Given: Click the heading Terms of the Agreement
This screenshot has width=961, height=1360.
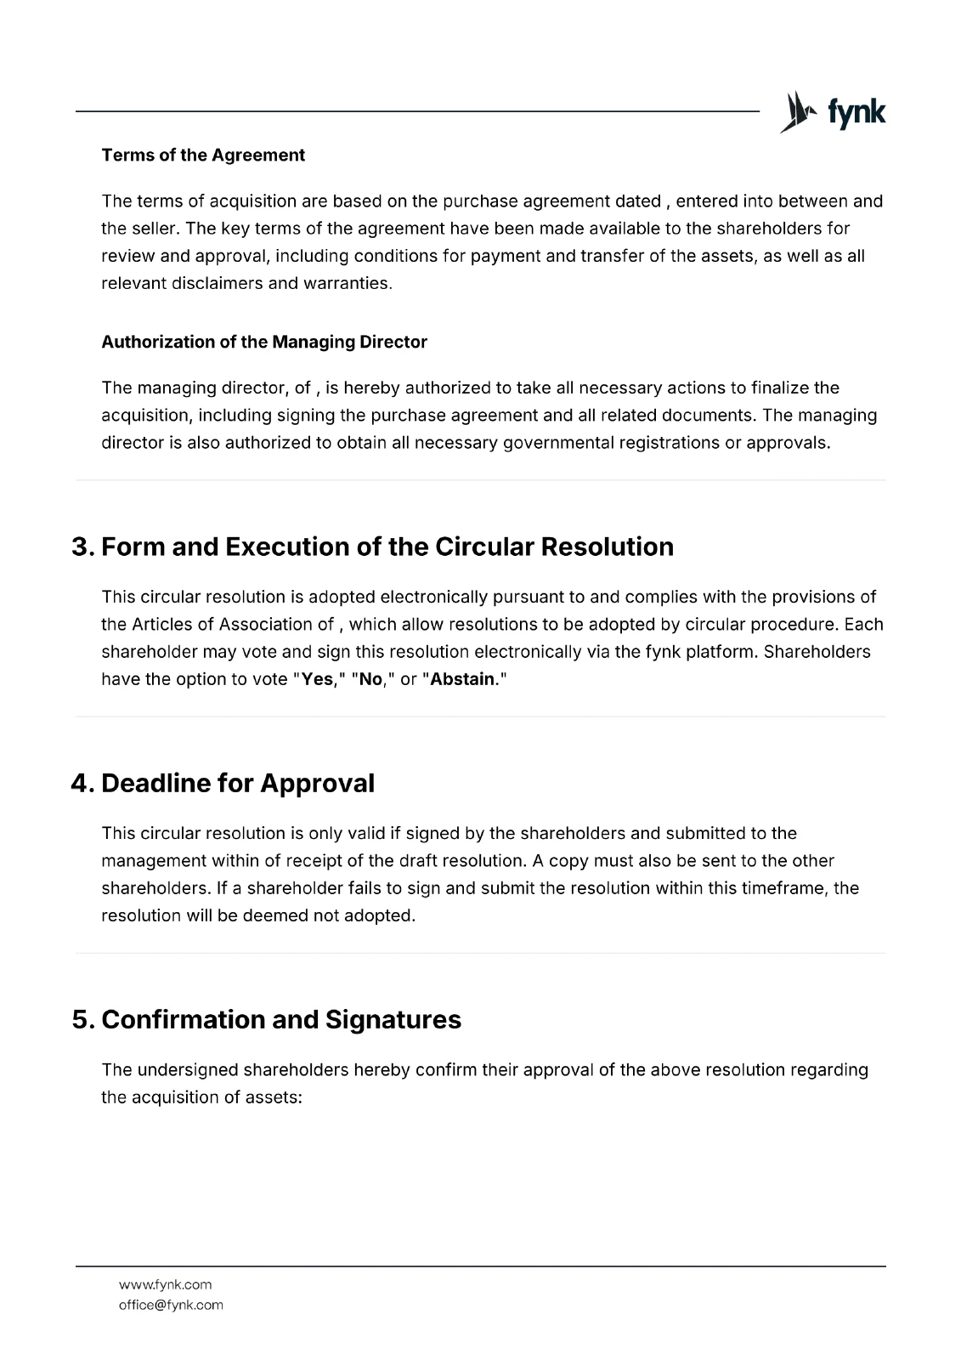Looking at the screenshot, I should click(x=203, y=155).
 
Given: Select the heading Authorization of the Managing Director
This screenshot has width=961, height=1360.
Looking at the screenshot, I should click(x=264, y=342).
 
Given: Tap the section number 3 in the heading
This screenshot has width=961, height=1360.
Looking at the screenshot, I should click(x=81, y=547).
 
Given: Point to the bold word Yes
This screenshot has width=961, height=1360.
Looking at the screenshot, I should click(x=318, y=679).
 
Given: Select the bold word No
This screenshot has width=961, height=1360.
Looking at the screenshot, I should click(x=370, y=679).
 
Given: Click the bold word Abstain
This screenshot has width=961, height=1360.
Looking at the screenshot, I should click(x=462, y=679).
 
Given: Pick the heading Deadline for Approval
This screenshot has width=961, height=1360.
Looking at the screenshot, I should click(x=237, y=783).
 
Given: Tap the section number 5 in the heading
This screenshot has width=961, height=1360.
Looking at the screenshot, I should click(x=81, y=1019).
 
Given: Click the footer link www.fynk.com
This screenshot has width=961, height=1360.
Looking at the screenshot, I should click(x=165, y=1284).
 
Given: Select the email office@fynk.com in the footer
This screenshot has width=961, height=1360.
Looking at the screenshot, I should click(x=171, y=1305).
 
